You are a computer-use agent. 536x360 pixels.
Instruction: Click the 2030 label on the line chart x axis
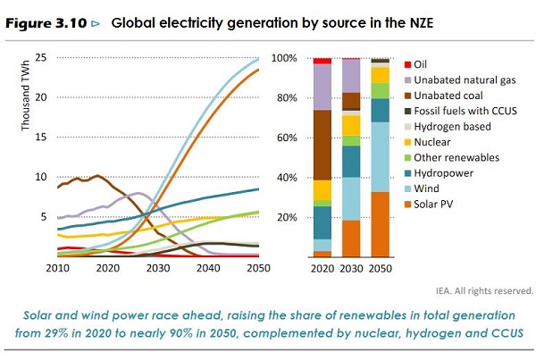(158, 268)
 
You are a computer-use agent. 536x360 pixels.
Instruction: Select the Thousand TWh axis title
(26, 96)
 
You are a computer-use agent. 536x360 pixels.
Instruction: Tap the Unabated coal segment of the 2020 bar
(322, 146)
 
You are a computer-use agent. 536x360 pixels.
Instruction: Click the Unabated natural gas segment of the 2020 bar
(322, 87)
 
